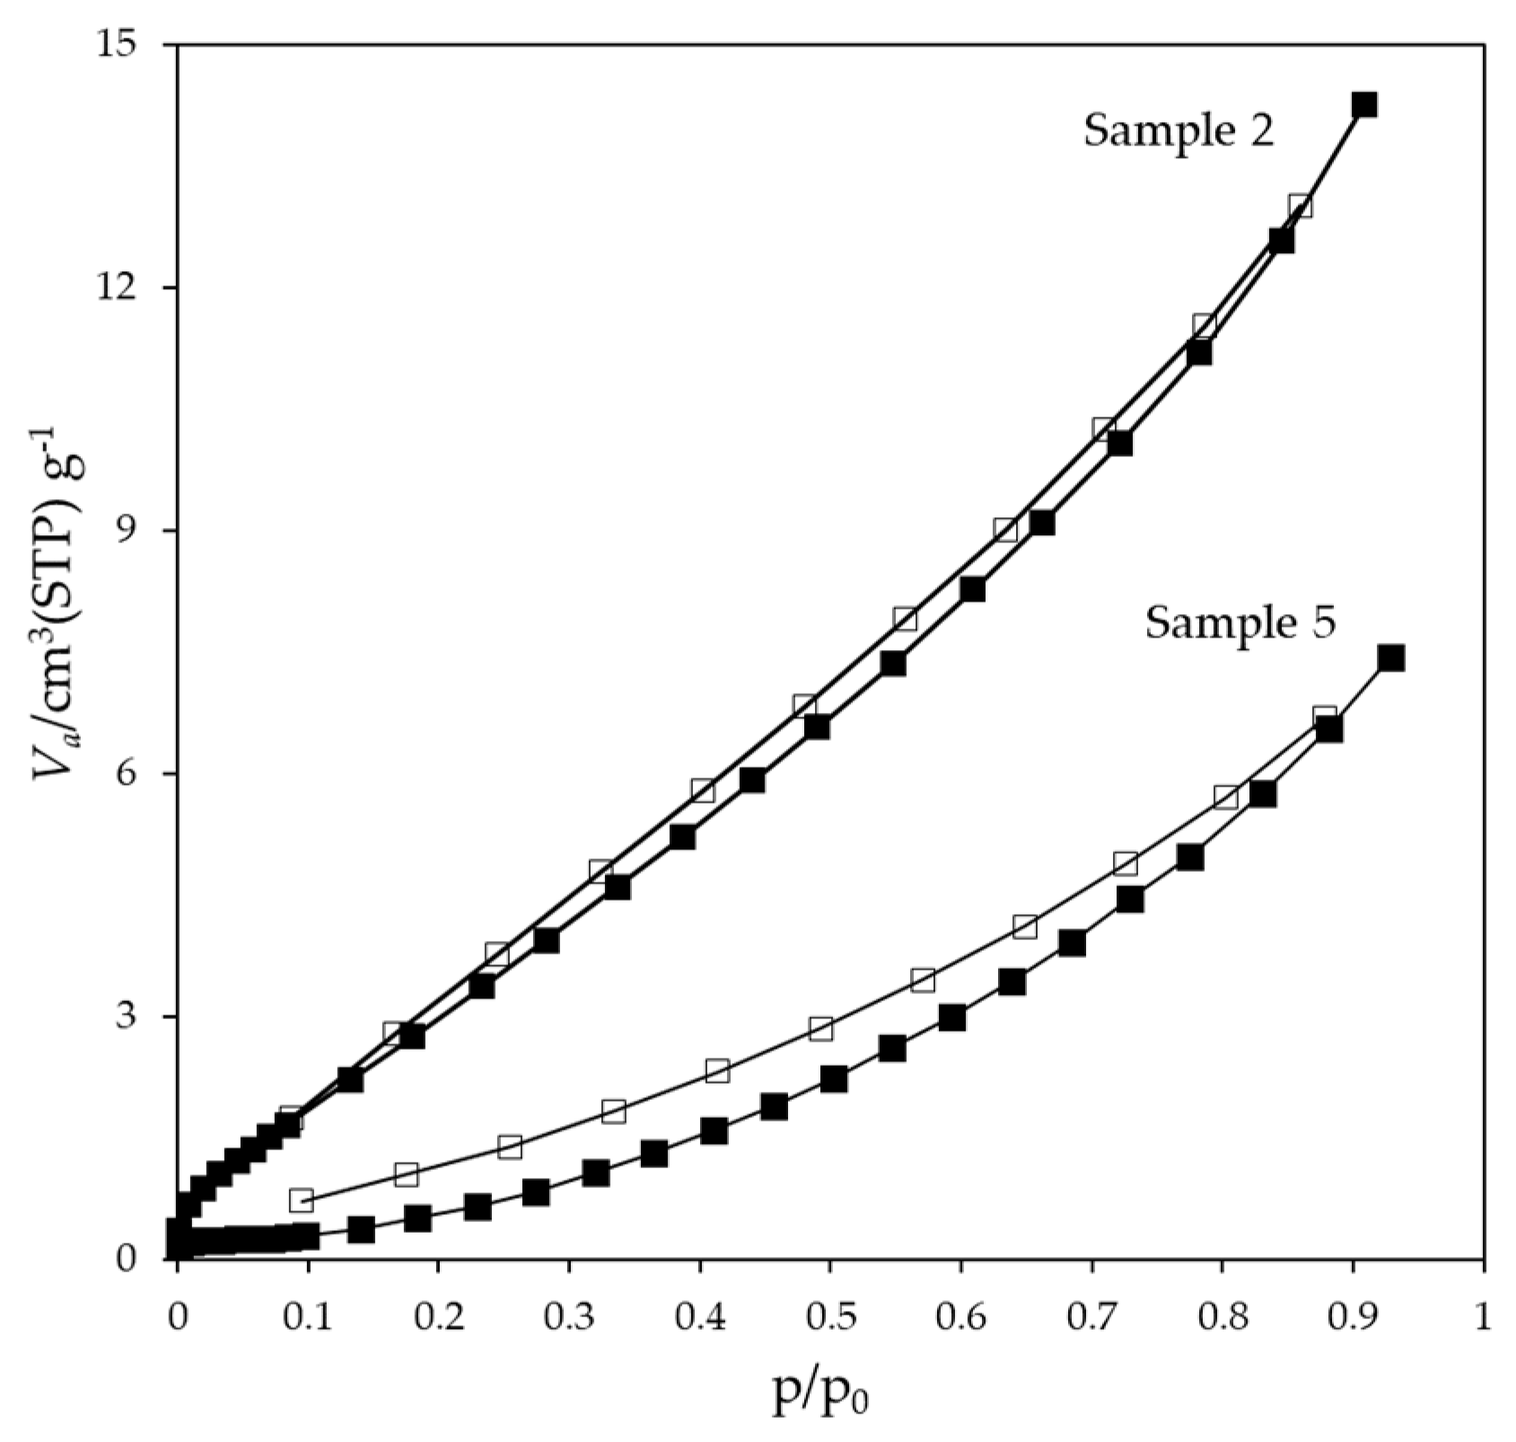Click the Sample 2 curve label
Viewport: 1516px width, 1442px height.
tap(1179, 132)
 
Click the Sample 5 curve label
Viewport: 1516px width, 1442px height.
tap(1240, 622)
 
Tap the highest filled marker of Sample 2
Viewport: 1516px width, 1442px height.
tap(1364, 105)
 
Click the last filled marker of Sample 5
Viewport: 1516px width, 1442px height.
tap(1391, 658)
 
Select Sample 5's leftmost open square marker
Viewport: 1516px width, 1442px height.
tap(302, 1200)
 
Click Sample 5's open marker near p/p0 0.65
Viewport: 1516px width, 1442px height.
tap(1025, 927)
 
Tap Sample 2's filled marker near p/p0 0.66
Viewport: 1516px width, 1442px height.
tap(1041, 523)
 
